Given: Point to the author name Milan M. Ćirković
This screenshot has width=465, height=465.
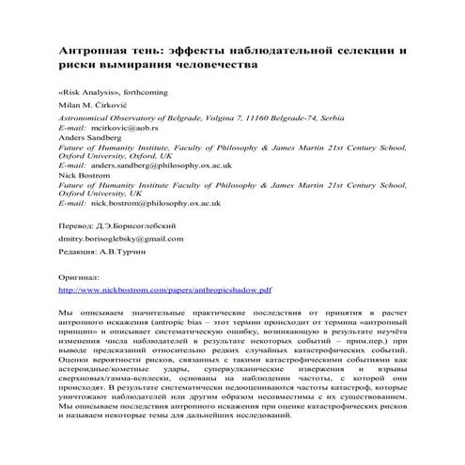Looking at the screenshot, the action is click(98, 110).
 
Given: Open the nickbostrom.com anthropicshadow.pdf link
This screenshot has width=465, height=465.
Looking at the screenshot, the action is click(165, 318).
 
